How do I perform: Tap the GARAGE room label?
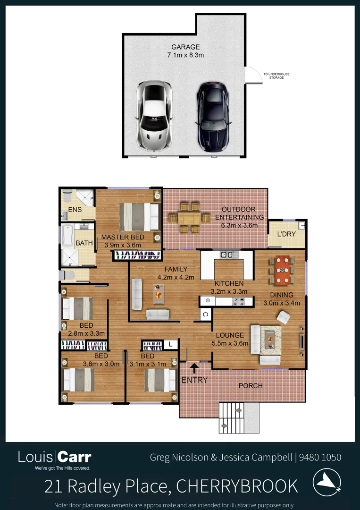(x=185, y=47)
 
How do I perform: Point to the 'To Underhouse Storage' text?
(x=276, y=76)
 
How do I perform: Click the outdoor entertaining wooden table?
(x=189, y=218)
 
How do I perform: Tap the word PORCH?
(x=251, y=386)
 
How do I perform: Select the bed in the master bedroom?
(x=139, y=217)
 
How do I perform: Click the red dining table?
(x=283, y=270)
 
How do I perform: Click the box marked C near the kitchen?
(x=206, y=314)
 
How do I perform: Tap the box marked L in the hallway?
(x=170, y=345)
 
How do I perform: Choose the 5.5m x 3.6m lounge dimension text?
(x=230, y=343)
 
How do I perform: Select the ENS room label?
(x=75, y=209)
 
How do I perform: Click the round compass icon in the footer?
(x=327, y=483)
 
